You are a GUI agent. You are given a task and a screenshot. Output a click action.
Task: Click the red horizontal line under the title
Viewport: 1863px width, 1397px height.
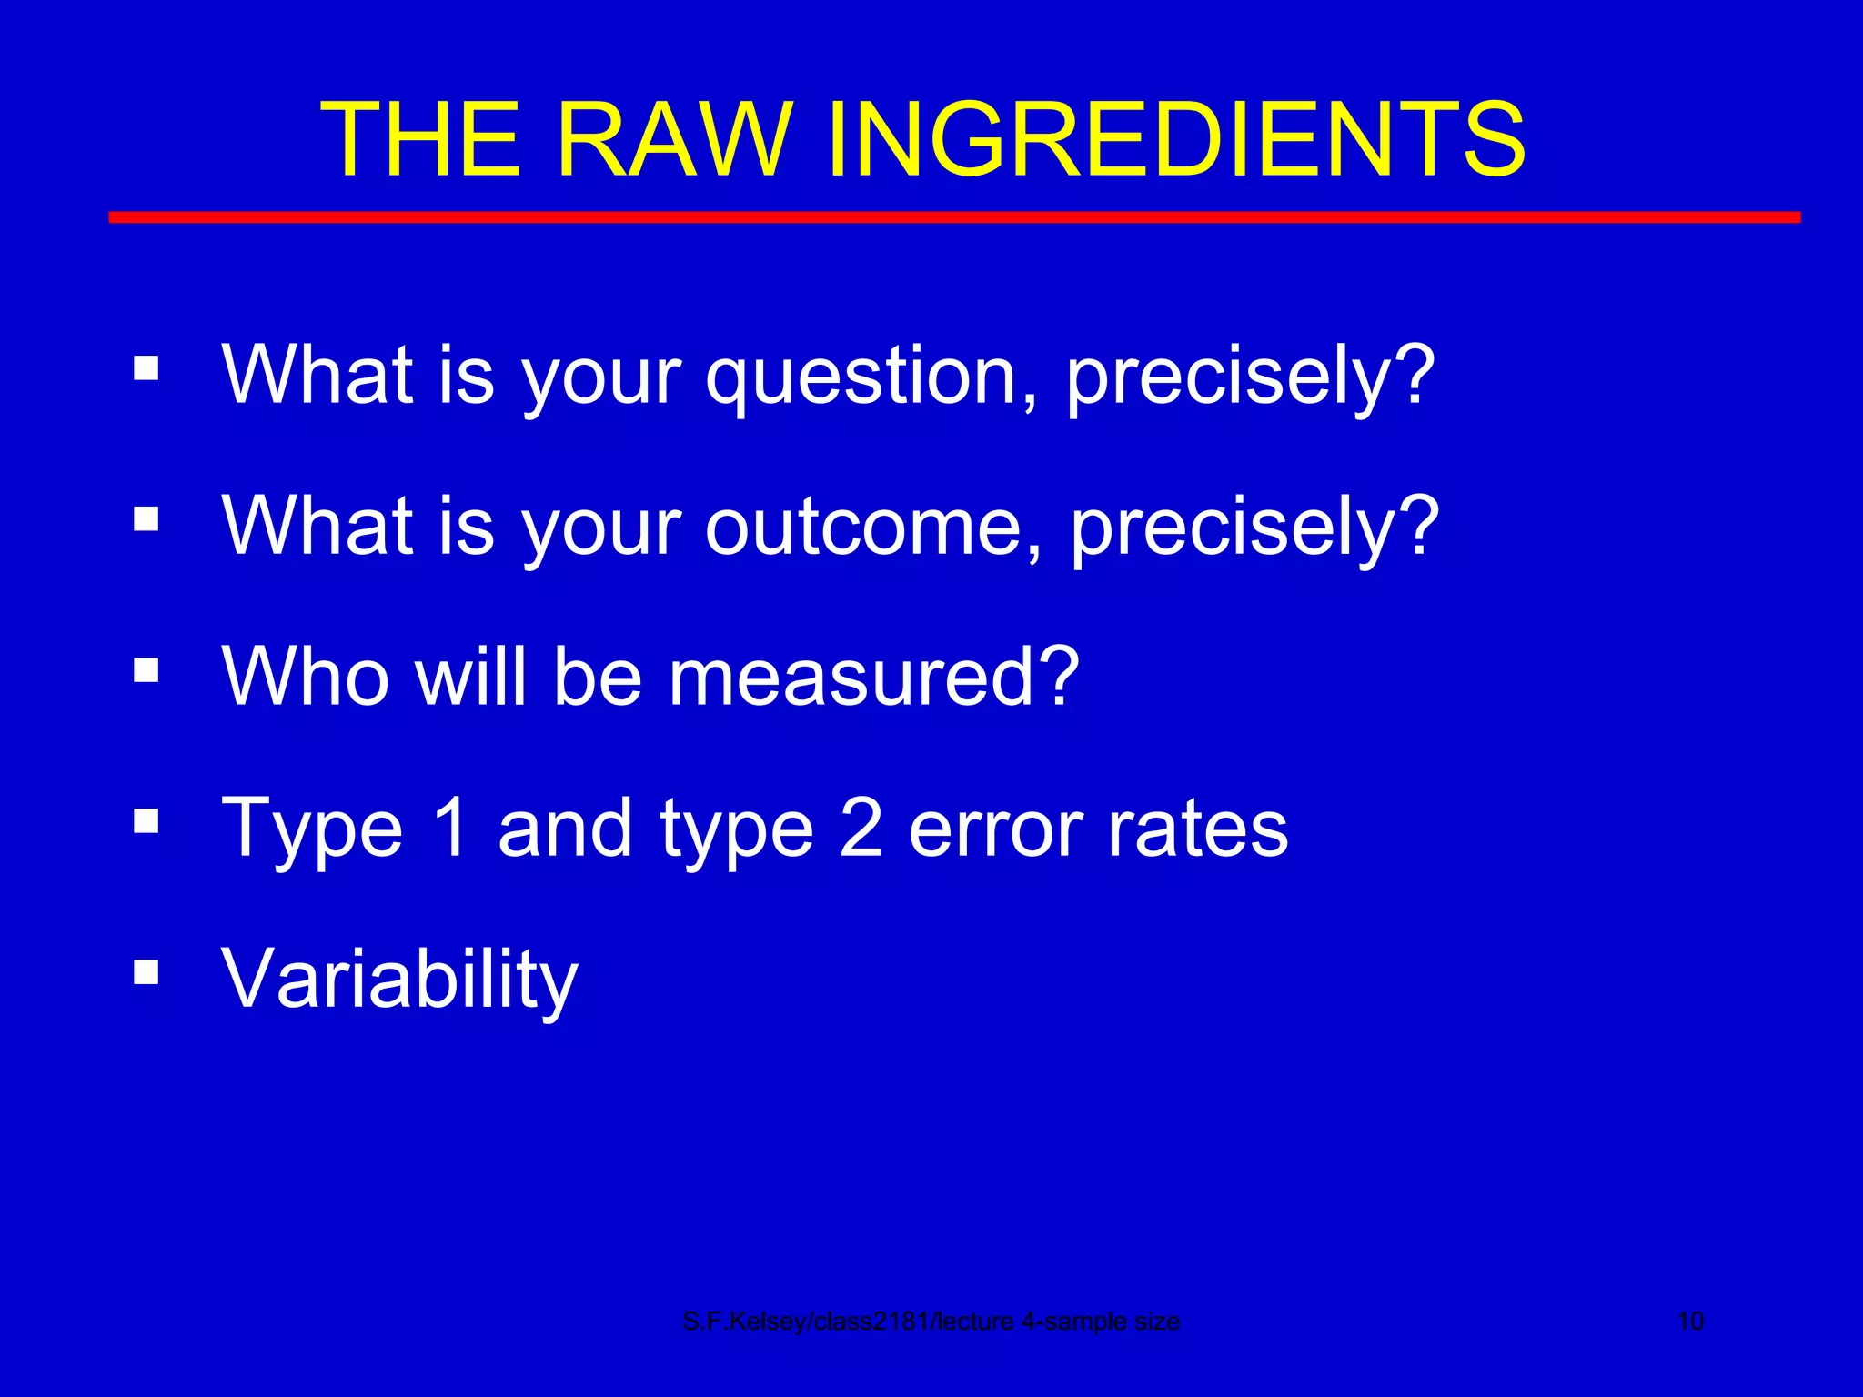pos(953,217)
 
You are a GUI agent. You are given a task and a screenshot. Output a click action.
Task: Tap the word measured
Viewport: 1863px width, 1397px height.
pos(873,677)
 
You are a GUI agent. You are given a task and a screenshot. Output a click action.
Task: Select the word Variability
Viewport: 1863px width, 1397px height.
pos(399,980)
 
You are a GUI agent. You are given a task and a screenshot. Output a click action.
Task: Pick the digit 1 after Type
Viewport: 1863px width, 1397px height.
pos(449,828)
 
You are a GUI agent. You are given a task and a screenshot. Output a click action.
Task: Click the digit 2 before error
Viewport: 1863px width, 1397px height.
pos(860,828)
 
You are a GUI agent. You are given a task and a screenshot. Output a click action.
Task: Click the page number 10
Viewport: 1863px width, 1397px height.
pos(1690,1322)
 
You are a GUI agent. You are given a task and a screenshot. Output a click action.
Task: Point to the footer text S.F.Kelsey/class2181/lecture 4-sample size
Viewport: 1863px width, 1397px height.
pos(931,1322)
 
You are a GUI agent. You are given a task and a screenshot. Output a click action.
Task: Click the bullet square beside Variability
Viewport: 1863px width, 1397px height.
pos(146,972)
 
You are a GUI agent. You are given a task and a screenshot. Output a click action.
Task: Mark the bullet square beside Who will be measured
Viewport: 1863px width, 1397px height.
pos(146,670)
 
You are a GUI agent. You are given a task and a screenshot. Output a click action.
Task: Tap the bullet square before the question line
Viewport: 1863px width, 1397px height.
pos(146,368)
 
